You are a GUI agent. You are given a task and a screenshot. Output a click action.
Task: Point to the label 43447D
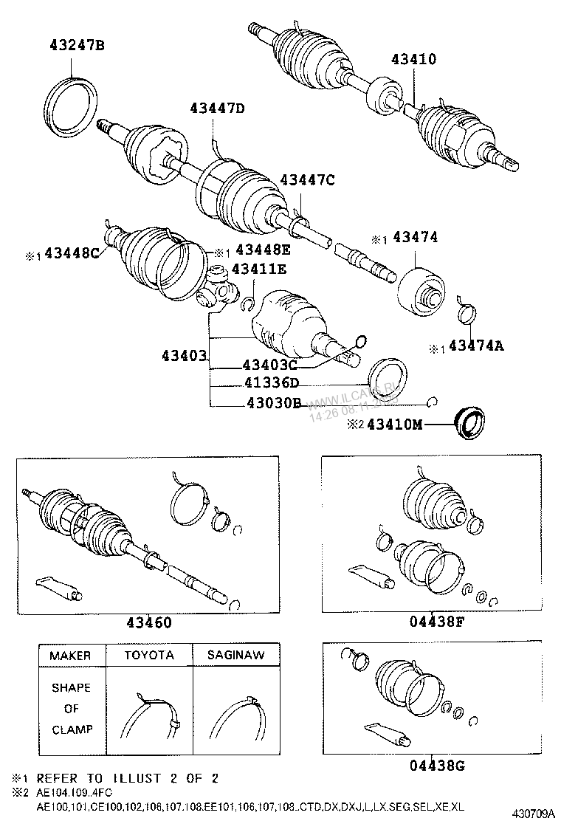pyautogui.click(x=216, y=108)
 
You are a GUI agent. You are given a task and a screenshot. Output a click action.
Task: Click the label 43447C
pyautogui.click(x=307, y=179)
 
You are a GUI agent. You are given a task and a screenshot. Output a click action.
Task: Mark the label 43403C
pyautogui.click(x=270, y=365)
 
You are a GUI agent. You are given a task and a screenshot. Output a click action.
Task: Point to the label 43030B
pyautogui.click(x=272, y=403)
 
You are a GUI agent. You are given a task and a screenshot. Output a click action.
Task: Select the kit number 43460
pyautogui.click(x=145, y=622)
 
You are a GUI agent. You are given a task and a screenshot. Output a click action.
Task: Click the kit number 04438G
pyautogui.click(x=437, y=765)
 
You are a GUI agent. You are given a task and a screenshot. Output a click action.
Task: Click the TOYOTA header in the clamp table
pyautogui.click(x=149, y=655)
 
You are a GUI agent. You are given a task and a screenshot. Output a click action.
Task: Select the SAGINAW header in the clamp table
pyautogui.click(x=235, y=655)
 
